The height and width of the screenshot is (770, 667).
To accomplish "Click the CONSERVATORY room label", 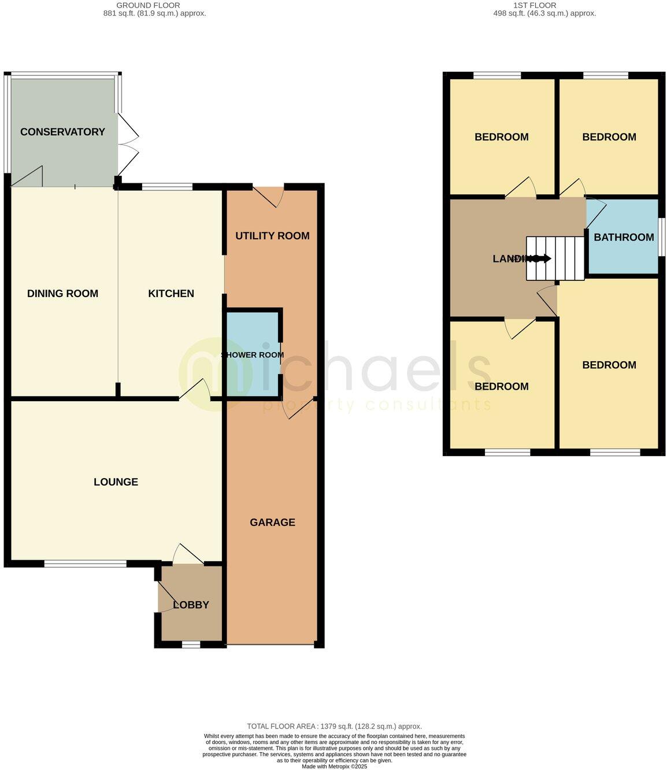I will tap(62, 132).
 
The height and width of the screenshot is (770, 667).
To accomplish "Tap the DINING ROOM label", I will tap(62, 294).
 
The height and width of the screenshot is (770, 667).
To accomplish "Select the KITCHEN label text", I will tap(171, 294).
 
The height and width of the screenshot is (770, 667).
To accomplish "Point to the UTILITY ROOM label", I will tap(272, 236).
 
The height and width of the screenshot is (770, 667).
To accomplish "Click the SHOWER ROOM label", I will tap(252, 355).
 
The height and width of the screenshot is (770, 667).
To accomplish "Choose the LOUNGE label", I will tap(116, 482).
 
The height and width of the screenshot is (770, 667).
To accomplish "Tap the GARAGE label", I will tap(272, 523).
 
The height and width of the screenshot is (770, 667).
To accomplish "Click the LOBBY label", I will tap(191, 605).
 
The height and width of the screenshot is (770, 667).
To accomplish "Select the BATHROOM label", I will tap(624, 237).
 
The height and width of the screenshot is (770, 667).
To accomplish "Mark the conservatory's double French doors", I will tap(128, 145).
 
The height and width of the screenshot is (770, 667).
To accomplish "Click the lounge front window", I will tap(86, 564).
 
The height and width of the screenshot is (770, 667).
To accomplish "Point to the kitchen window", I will tap(167, 187).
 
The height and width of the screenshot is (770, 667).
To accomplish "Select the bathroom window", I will tap(662, 236).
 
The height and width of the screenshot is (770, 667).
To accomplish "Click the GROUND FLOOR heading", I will tap(148, 5).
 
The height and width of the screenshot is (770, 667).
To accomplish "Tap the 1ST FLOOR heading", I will tap(535, 5).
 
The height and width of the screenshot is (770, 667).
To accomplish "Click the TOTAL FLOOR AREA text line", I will tap(334, 726).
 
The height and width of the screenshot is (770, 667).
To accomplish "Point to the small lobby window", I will tap(191, 645).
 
